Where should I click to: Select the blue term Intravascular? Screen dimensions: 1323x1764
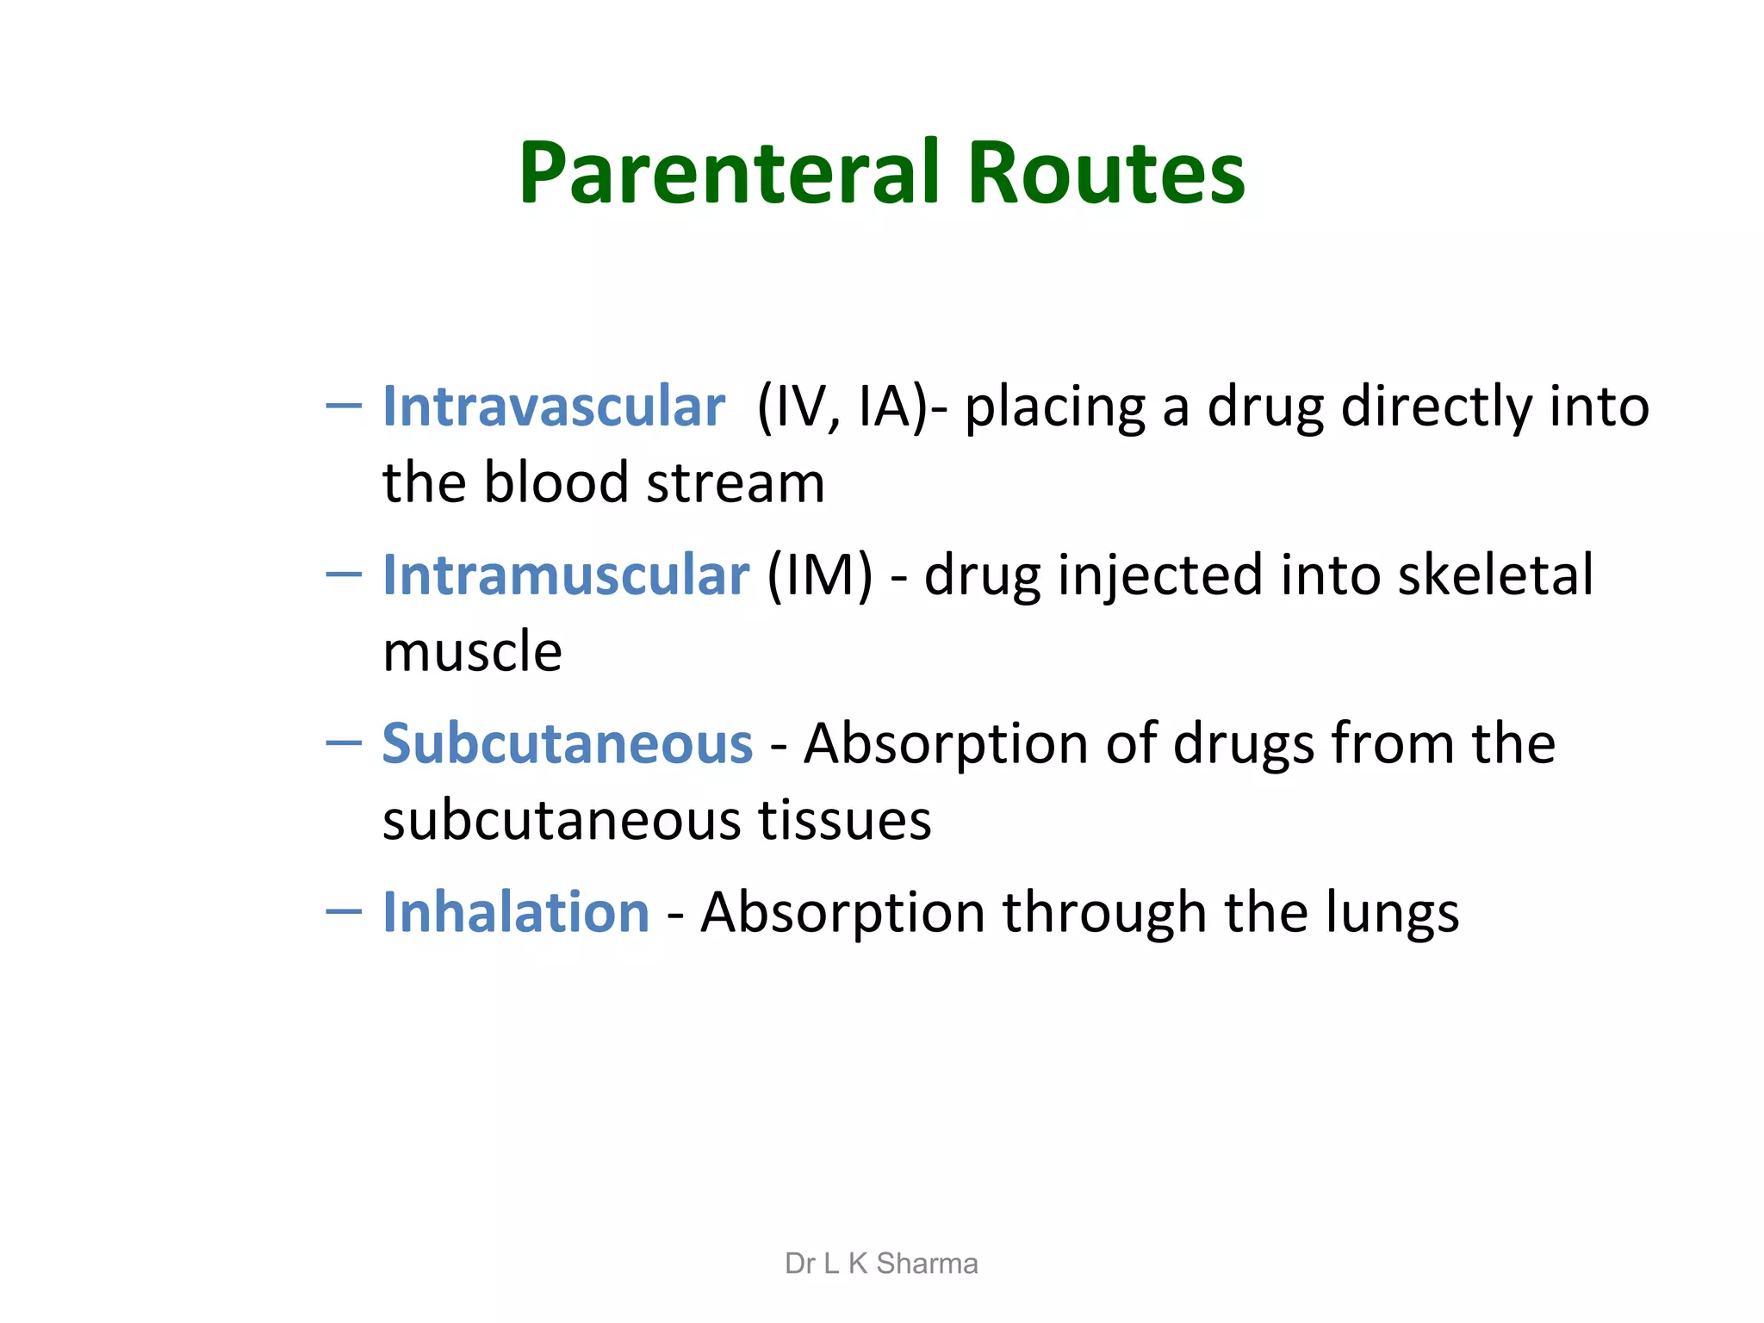pyautogui.click(x=554, y=407)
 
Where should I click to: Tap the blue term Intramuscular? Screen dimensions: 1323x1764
pyautogui.click(x=566, y=575)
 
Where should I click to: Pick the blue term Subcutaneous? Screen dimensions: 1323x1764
pyautogui.click(x=568, y=744)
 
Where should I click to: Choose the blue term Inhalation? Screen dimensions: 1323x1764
pyautogui.click(x=516, y=913)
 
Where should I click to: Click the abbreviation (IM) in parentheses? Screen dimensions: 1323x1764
pyautogui.click(x=819, y=575)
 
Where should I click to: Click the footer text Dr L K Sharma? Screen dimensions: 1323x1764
pyautogui.click(x=881, y=1264)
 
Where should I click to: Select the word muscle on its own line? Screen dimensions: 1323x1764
pyautogui.click(x=472, y=652)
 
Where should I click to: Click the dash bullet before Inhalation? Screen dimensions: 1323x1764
pyautogui.click(x=344, y=911)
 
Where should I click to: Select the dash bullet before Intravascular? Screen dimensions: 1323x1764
pyautogui.click(x=344, y=405)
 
